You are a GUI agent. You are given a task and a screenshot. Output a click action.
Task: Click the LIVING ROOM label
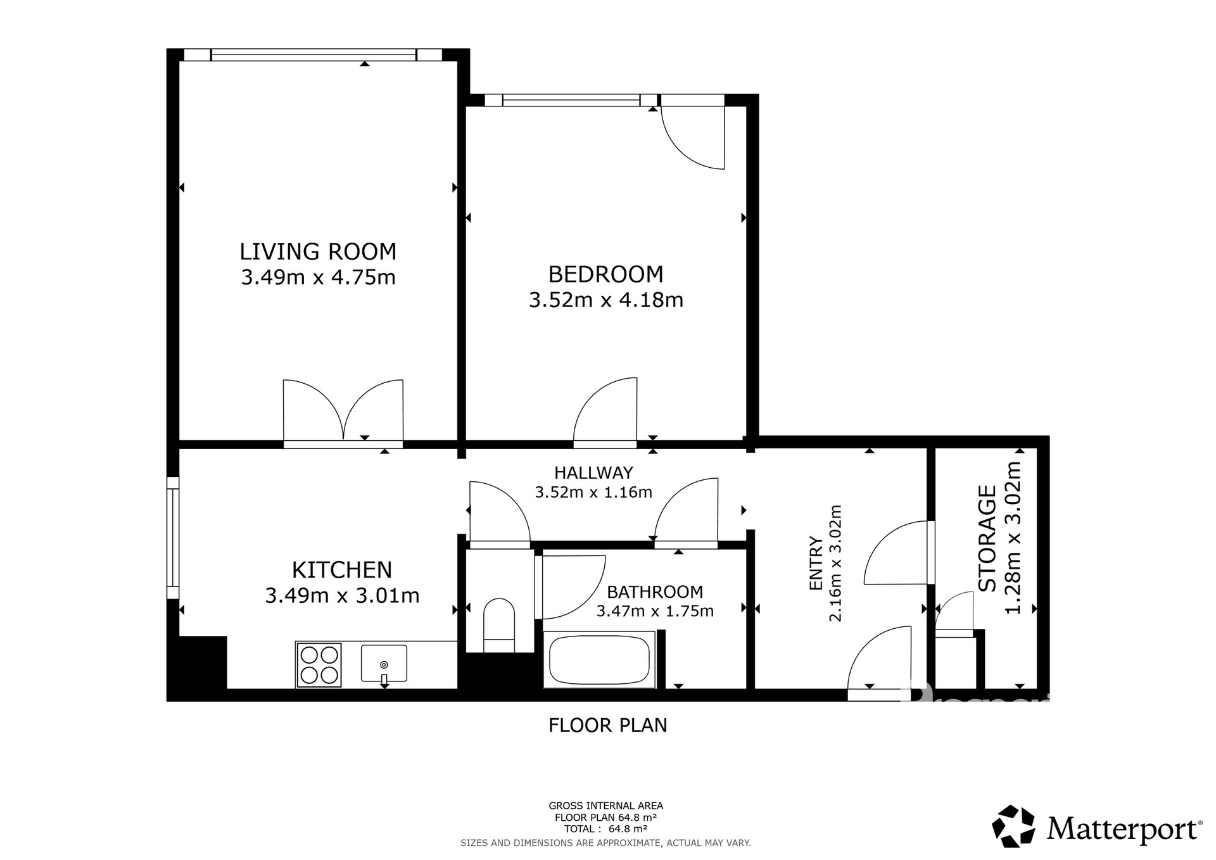tap(318, 251)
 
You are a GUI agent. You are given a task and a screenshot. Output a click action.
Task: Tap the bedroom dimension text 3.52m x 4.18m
tap(606, 300)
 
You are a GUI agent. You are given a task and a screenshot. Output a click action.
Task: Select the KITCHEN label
tap(342, 570)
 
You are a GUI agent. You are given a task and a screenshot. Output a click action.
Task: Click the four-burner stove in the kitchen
tap(319, 665)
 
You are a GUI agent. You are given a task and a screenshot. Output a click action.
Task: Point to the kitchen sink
tap(384, 664)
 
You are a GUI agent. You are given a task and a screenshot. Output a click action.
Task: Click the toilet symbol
tap(499, 624)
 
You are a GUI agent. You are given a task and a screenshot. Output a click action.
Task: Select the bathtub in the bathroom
tap(599, 661)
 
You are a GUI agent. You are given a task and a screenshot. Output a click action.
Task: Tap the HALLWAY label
tap(593, 472)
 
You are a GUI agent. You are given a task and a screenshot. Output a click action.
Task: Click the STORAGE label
tap(987, 538)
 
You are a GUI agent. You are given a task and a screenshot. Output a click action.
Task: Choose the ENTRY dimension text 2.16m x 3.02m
tap(835, 563)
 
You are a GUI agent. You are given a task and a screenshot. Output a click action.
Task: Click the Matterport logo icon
tap(1013, 826)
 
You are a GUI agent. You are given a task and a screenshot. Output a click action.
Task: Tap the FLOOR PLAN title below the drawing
tap(607, 725)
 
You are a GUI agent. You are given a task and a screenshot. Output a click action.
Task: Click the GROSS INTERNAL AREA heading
tap(605, 806)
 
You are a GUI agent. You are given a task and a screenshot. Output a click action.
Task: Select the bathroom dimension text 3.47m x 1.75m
tap(655, 611)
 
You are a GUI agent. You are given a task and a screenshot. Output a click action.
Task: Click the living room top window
tap(313, 55)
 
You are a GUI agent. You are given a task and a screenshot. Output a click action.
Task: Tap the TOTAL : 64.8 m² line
tap(605, 828)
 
